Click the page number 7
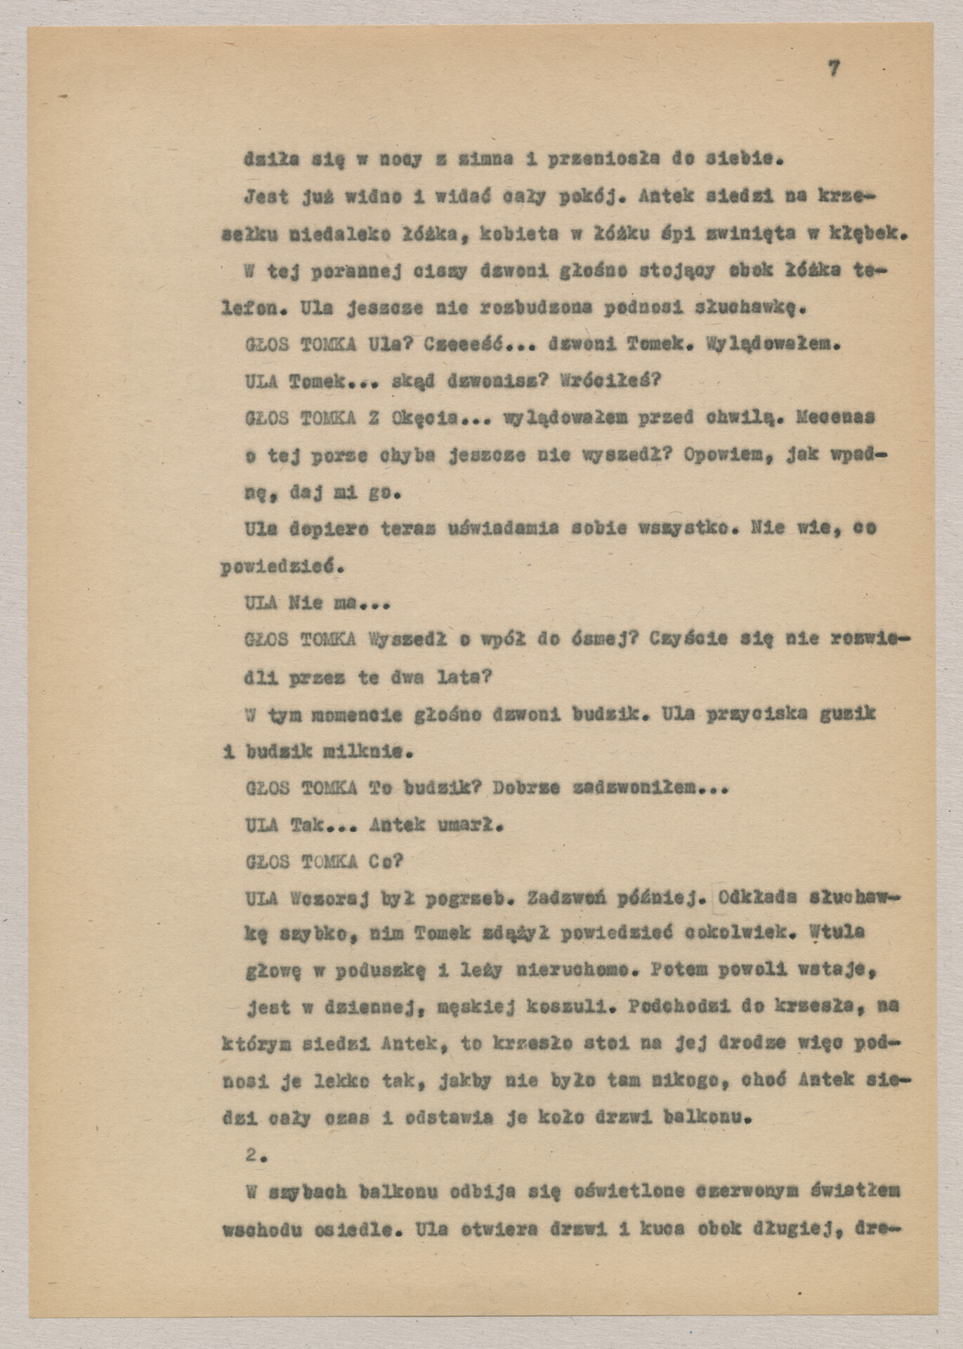point(834,68)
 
